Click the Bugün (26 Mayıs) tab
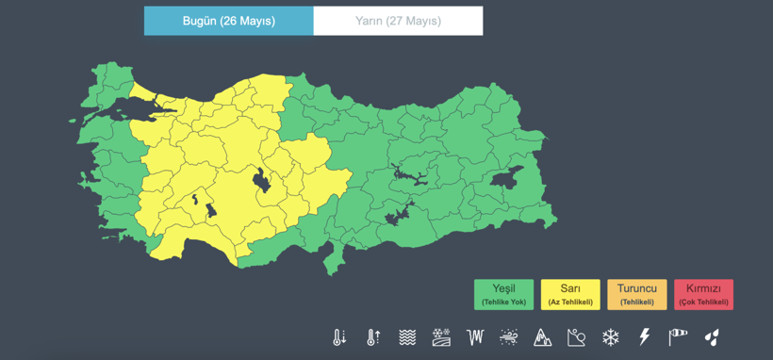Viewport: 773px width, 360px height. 228,21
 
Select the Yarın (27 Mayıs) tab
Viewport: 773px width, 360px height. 398,21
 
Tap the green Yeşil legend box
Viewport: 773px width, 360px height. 503,294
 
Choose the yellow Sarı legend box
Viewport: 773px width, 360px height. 569,294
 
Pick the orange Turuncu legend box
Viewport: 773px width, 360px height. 636,294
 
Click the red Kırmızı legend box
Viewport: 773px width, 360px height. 703,294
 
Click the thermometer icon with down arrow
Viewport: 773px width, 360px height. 339,336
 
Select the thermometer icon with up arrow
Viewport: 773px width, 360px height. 373,336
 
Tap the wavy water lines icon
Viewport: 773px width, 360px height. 407,336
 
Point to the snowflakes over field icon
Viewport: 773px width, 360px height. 441,336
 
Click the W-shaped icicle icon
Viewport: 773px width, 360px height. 475,336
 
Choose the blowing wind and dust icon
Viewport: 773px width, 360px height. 509,336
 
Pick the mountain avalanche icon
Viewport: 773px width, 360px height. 543,336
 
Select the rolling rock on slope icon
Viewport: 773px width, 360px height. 577,336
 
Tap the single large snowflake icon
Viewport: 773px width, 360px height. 611,336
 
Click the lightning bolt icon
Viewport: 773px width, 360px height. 645,336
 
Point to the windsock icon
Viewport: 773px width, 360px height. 678,336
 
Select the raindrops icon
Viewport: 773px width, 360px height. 712,336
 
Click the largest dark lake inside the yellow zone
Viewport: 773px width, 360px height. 261,180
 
